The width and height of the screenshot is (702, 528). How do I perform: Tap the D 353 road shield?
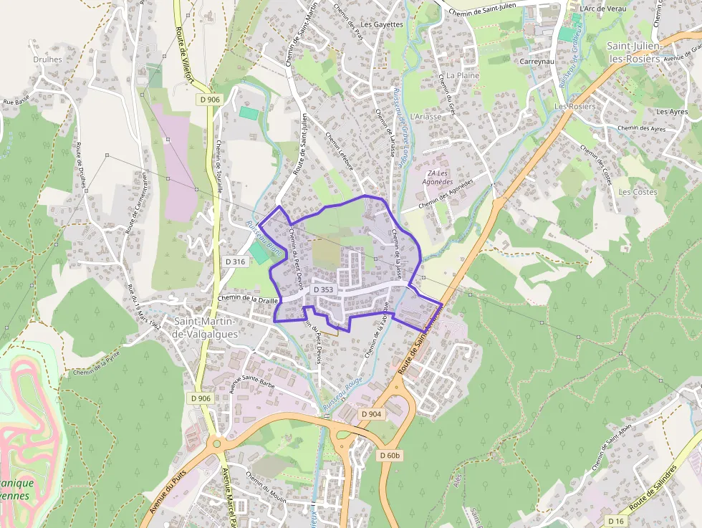pyautogui.click(x=323, y=289)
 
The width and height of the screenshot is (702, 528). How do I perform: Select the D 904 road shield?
pyautogui.click(x=372, y=414)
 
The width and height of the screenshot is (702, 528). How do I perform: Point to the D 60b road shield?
pyautogui.click(x=390, y=456)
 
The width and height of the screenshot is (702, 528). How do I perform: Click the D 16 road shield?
pyautogui.click(x=616, y=520)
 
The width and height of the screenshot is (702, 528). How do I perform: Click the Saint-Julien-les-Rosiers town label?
pyautogui.click(x=633, y=52)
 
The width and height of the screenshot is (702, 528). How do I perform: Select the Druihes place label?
pyautogui.click(x=47, y=59)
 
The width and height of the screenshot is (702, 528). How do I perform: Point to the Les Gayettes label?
pyautogui.click(x=382, y=24)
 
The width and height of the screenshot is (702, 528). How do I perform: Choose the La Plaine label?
pyautogui.click(x=462, y=75)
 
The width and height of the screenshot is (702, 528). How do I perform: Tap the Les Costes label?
pyautogui.click(x=638, y=192)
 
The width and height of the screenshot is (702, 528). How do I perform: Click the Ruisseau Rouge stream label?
pyautogui.click(x=342, y=393)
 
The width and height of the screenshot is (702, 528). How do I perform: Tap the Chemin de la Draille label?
pyautogui.click(x=247, y=299)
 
